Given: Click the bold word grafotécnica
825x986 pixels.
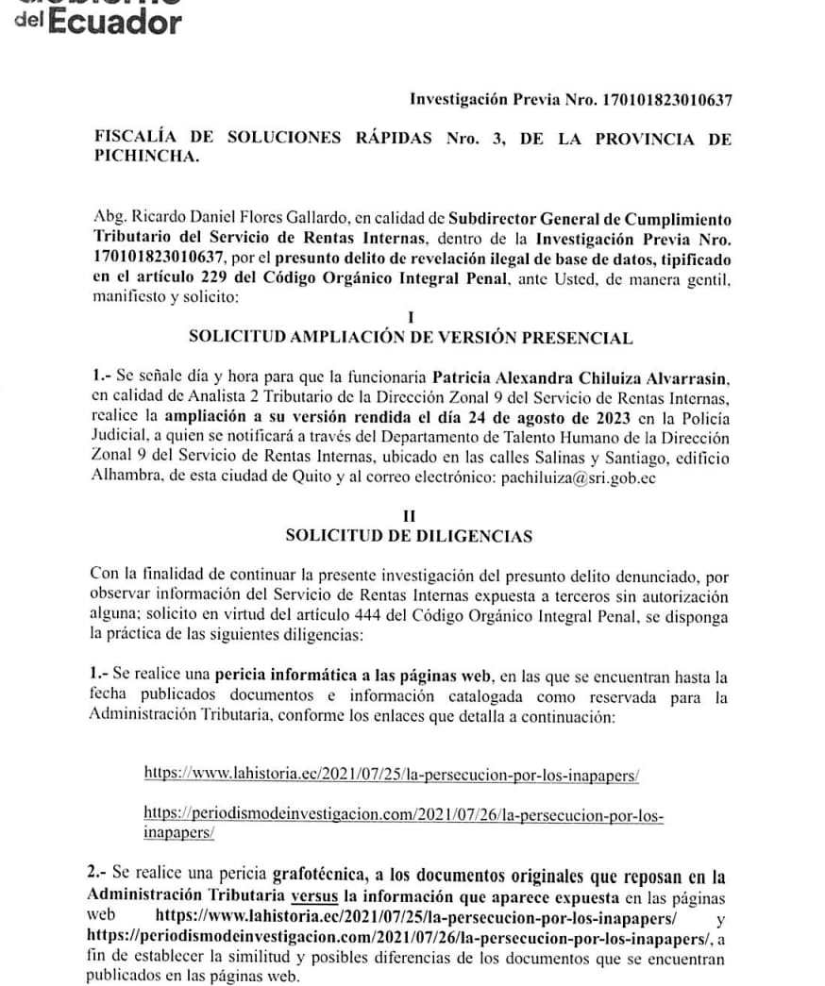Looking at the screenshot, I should click(x=321, y=875).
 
